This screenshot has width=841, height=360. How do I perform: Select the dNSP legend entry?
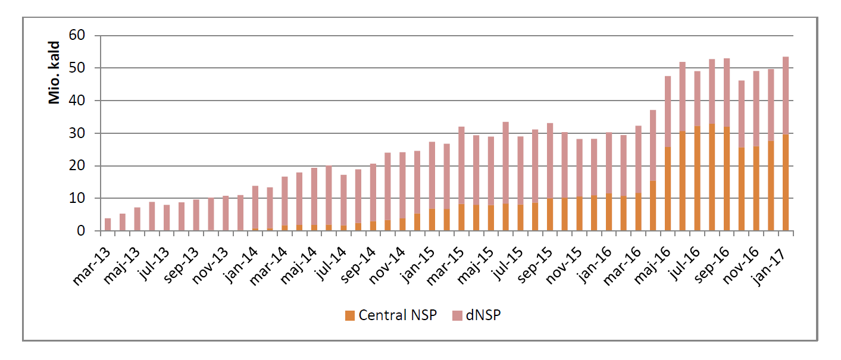pyautogui.click(x=483, y=315)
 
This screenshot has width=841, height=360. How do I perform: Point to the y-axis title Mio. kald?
pyautogui.click(x=55, y=73)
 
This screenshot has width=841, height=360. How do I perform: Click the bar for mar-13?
pyautogui.click(x=108, y=225)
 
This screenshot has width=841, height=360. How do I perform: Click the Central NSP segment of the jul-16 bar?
pyautogui.click(x=697, y=179)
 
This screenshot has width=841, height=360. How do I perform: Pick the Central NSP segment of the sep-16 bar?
pyautogui.click(x=727, y=179)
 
